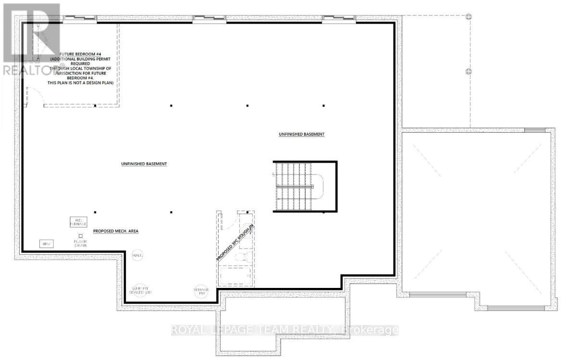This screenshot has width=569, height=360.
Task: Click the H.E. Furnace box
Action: pyautogui.click(x=78, y=222)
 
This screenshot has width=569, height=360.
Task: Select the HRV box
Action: pyautogui.click(x=47, y=244)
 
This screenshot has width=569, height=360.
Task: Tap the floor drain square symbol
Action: pyautogui.click(x=80, y=236)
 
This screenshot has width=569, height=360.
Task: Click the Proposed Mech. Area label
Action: pyautogui.click(x=116, y=231)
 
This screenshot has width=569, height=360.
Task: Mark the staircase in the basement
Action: pyautogui.click(x=294, y=186)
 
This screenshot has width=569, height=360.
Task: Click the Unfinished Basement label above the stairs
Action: pyautogui.click(x=301, y=134)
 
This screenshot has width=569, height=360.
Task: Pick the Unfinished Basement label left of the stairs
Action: pyautogui.click(x=144, y=164)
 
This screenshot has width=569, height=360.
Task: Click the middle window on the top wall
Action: pyautogui.click(x=209, y=19)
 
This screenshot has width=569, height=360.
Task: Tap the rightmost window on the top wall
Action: pyautogui.click(x=339, y=19)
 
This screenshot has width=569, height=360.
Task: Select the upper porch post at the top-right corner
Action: pyautogui.click(x=469, y=16)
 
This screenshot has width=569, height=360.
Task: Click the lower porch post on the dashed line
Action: pyautogui.click(x=469, y=71)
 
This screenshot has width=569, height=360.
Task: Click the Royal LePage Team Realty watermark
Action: pyautogui.click(x=285, y=330)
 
